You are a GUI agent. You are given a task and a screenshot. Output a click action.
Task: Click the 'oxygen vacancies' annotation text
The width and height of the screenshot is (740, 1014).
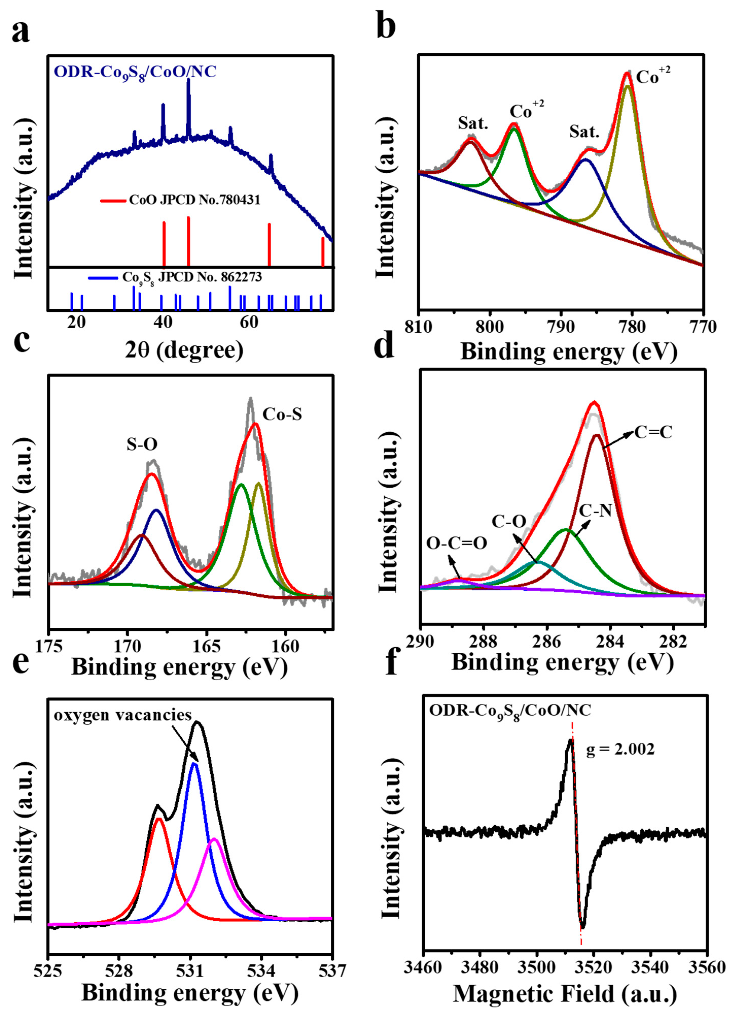(123, 715)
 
